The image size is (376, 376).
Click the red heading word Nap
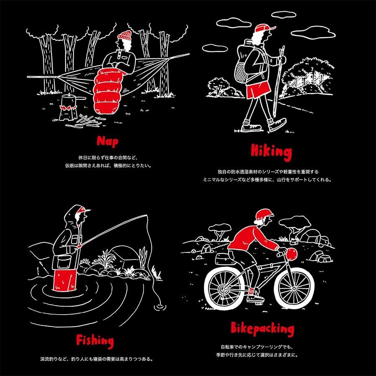pyautogui.click(x=107, y=142)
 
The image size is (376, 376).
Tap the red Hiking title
pyautogui.click(x=271, y=152)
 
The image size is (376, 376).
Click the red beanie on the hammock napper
pyautogui.click(x=124, y=36)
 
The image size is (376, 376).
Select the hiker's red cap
pyautogui.click(x=265, y=28)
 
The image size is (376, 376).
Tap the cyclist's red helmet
pyautogui.click(x=264, y=215)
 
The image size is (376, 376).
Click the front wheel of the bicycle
pyautogui.click(x=294, y=288)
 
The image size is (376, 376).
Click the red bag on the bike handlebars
pyautogui.click(x=292, y=254)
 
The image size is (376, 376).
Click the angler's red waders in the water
pyautogui.click(x=65, y=280)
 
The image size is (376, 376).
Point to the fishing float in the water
pyautogui.click(x=160, y=307)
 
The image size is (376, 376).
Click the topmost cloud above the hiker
pyautogui.click(x=284, y=15)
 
